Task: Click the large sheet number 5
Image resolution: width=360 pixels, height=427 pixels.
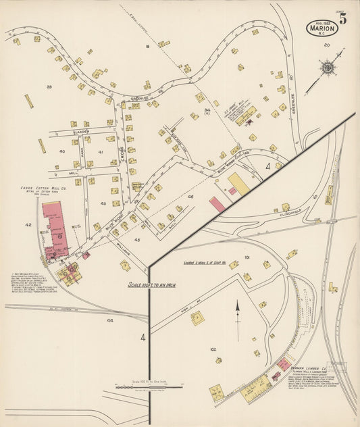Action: click(343, 18)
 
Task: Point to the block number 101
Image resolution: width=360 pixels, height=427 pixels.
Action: click(247, 257)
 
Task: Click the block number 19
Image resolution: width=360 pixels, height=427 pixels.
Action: click(146, 46)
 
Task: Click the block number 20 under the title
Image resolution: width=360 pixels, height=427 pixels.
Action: click(327, 45)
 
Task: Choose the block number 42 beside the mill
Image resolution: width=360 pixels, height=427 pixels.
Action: click(28, 224)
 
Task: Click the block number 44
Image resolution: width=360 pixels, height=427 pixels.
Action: click(109, 320)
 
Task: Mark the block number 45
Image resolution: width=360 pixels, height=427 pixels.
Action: click(137, 239)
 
